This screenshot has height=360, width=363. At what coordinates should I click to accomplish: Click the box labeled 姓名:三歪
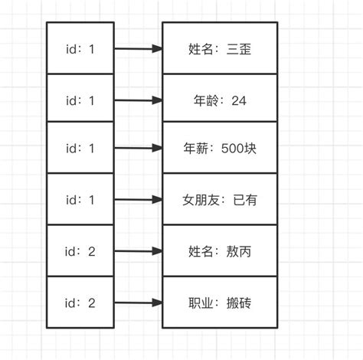click(x=220, y=49)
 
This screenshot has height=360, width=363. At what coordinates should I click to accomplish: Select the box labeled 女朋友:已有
click(x=220, y=200)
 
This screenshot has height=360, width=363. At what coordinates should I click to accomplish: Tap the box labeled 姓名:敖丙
click(x=220, y=251)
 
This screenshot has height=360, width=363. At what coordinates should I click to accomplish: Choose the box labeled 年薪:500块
click(x=220, y=149)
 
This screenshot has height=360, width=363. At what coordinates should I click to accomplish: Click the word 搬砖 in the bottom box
click(x=238, y=303)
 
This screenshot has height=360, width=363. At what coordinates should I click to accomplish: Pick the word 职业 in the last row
click(x=200, y=303)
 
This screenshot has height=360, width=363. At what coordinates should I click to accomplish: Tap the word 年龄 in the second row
click(x=200, y=100)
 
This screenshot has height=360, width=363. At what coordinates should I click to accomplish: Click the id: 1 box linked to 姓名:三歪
click(x=80, y=48)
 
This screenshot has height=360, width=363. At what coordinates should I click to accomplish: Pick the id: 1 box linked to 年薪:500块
click(x=80, y=148)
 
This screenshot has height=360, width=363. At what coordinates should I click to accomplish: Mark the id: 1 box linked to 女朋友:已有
click(x=80, y=199)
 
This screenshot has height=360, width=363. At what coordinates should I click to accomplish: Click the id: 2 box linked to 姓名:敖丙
click(x=80, y=251)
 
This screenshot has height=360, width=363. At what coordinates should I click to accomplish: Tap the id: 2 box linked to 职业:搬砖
click(x=80, y=303)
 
